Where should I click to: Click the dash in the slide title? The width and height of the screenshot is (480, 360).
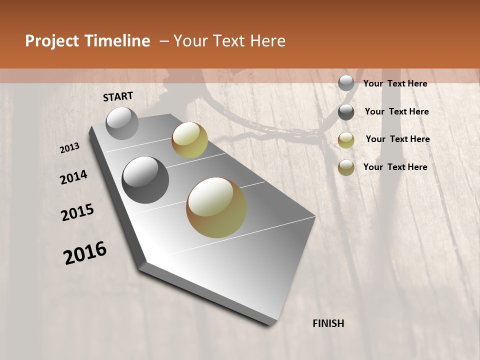coord(164,41)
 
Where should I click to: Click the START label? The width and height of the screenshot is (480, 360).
coord(118,96)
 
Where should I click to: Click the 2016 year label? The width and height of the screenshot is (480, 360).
coord(85,253)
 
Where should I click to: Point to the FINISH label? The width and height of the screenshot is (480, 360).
coord(328,323)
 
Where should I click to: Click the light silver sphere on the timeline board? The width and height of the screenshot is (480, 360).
coord(122,123)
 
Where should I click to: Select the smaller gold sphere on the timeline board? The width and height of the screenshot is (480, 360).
coord(189,140)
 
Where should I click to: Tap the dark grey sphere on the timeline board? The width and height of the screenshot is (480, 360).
coord(145,180)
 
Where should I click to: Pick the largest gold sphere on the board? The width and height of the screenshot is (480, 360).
coord(216,207)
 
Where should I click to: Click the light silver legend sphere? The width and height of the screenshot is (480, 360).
coord(346,83)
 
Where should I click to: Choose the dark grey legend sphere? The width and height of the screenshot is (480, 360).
coord(346,112)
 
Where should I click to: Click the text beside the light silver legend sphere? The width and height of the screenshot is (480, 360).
coord(395,83)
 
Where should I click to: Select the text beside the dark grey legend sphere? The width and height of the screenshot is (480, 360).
coord(396,111)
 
